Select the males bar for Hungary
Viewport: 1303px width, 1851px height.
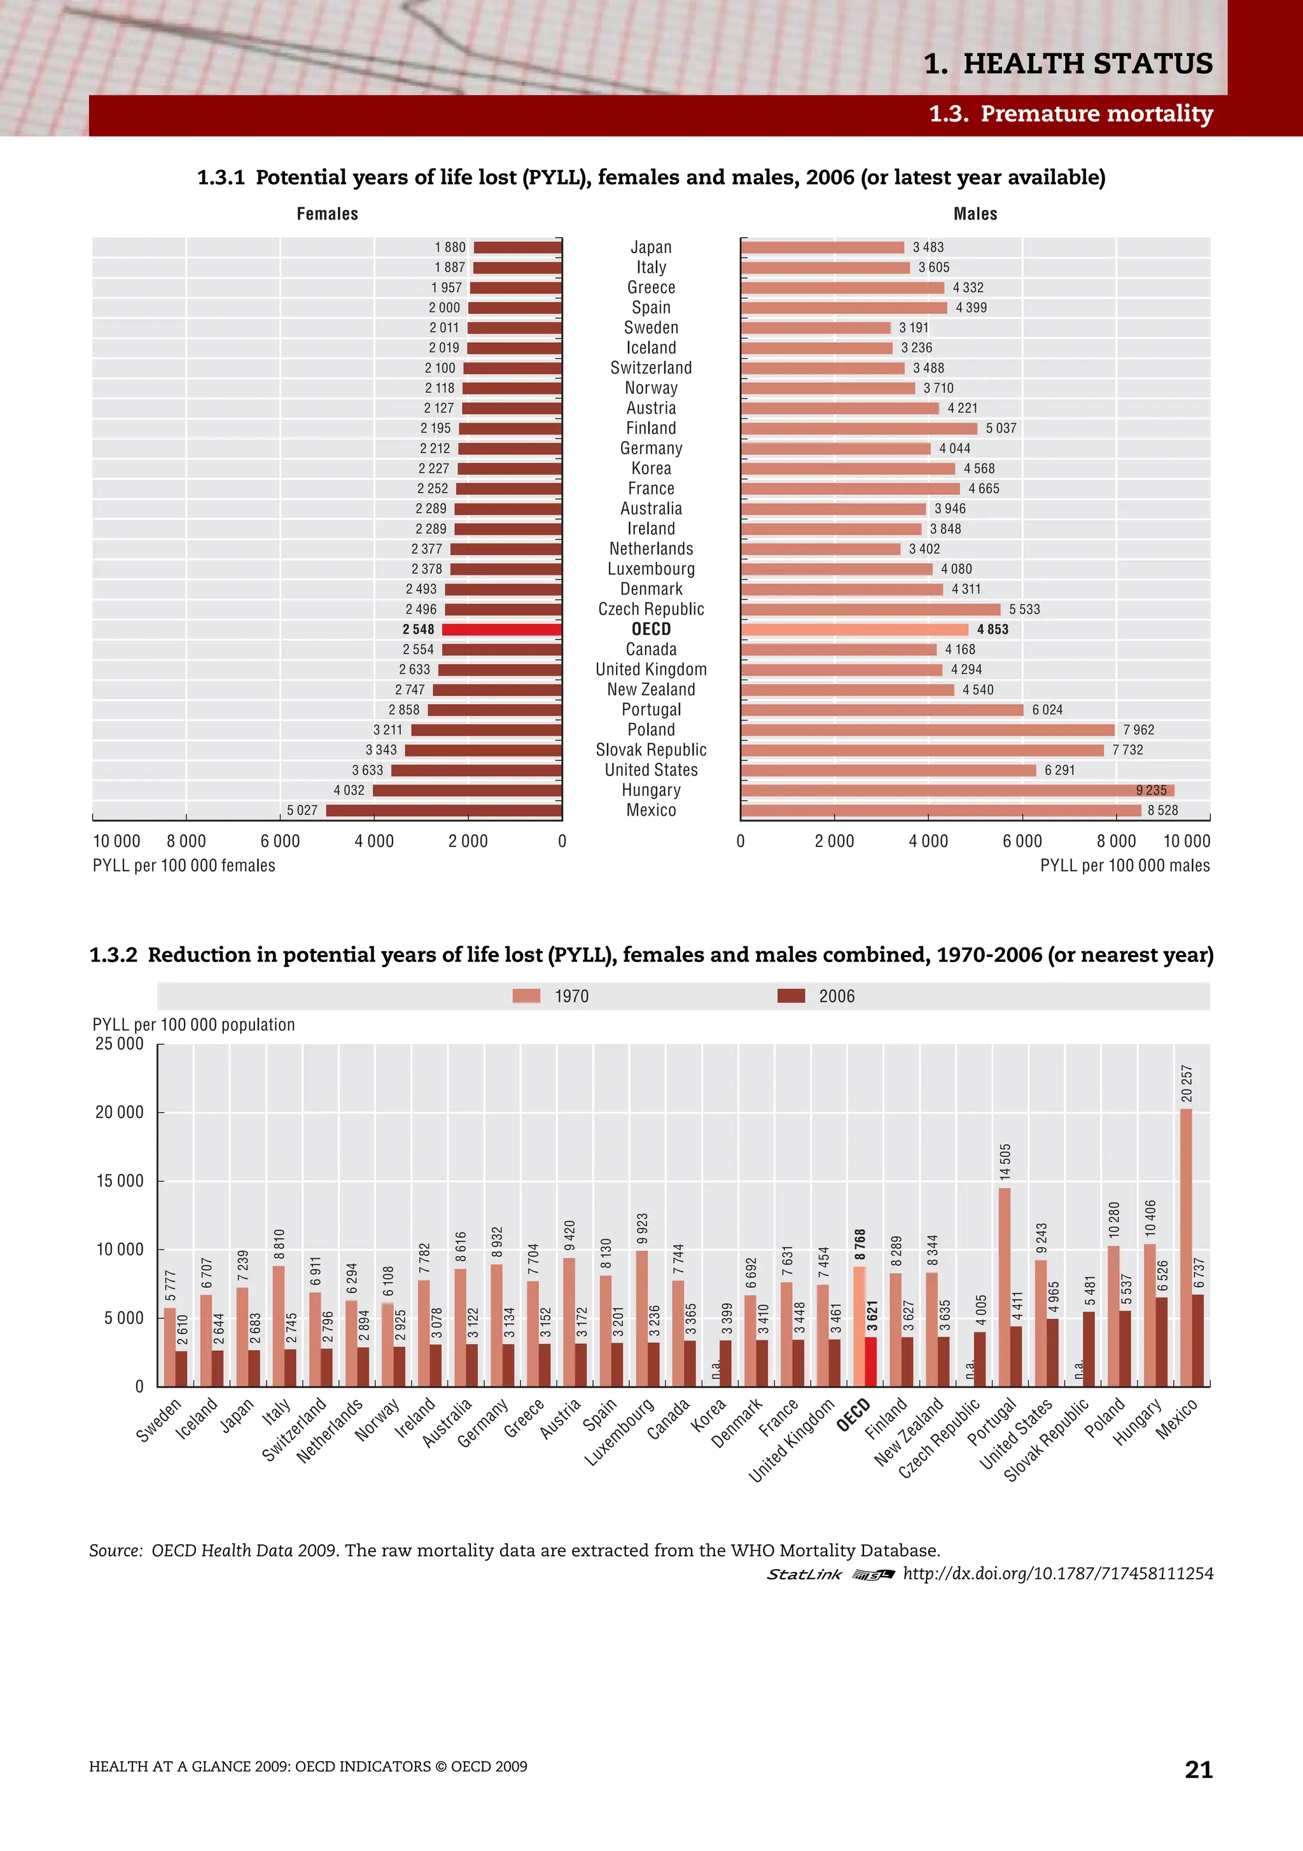pyautogui.click(x=957, y=790)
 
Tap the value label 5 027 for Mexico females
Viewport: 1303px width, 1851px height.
pyautogui.click(x=302, y=810)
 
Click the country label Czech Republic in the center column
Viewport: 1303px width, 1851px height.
pyautogui.click(x=651, y=610)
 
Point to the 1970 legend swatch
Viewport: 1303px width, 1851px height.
pyautogui.click(x=527, y=996)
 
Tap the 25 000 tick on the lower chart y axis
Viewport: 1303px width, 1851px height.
pyautogui.click(x=120, y=1044)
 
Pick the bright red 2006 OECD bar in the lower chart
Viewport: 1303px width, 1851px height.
pyautogui.click(x=871, y=1362)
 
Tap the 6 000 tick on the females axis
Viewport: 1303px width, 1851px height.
pyautogui.click(x=280, y=841)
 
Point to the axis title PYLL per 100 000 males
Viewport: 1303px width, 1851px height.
pyautogui.click(x=1124, y=866)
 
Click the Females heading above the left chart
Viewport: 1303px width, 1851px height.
pyautogui.click(x=328, y=214)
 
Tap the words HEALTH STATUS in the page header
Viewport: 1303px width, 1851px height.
pyautogui.click(x=1088, y=64)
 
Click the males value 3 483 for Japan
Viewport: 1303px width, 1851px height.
pyautogui.click(x=928, y=248)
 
